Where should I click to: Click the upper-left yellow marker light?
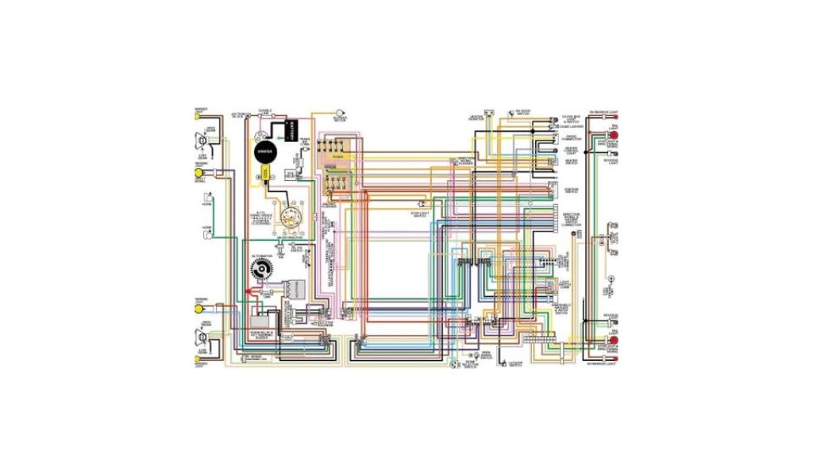(198, 116)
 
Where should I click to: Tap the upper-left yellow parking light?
(198, 173)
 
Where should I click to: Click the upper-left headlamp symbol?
(202, 140)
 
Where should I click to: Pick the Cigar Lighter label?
(571, 126)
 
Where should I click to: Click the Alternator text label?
(260, 256)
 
